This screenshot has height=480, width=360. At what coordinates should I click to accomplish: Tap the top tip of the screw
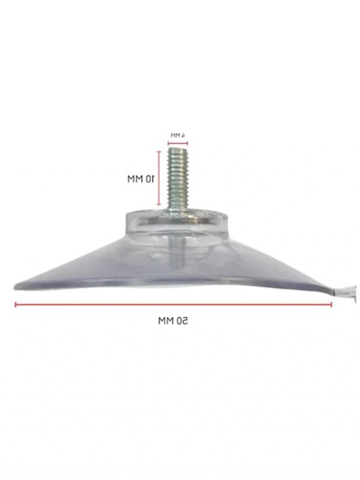point(178,148)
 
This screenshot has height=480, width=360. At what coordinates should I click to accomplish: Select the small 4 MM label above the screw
point(178,135)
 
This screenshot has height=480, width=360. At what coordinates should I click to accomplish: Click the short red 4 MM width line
point(178,143)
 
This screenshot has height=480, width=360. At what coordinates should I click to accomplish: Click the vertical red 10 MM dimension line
point(159,178)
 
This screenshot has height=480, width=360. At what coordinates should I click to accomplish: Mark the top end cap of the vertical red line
point(159,151)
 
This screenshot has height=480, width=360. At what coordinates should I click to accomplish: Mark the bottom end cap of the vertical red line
point(159,205)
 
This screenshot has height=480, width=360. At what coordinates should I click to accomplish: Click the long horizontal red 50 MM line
point(173,305)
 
